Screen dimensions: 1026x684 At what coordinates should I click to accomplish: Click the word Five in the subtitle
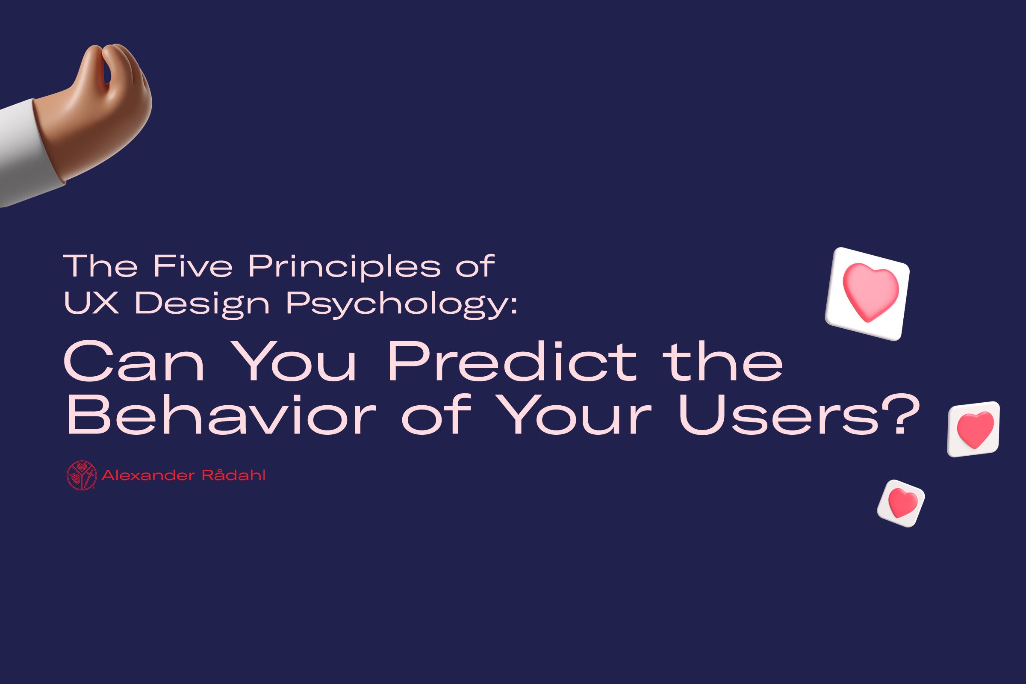[193, 265]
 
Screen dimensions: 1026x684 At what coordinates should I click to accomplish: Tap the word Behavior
[221, 414]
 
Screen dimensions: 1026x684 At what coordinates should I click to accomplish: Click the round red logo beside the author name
[82, 475]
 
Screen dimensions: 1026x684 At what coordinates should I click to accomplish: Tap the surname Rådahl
[233, 475]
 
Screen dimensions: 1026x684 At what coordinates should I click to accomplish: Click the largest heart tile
[867, 294]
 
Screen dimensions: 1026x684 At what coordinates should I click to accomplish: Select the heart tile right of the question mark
[973, 429]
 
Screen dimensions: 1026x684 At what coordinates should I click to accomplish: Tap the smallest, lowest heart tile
[901, 504]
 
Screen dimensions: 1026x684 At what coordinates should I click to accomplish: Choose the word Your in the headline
[573, 415]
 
